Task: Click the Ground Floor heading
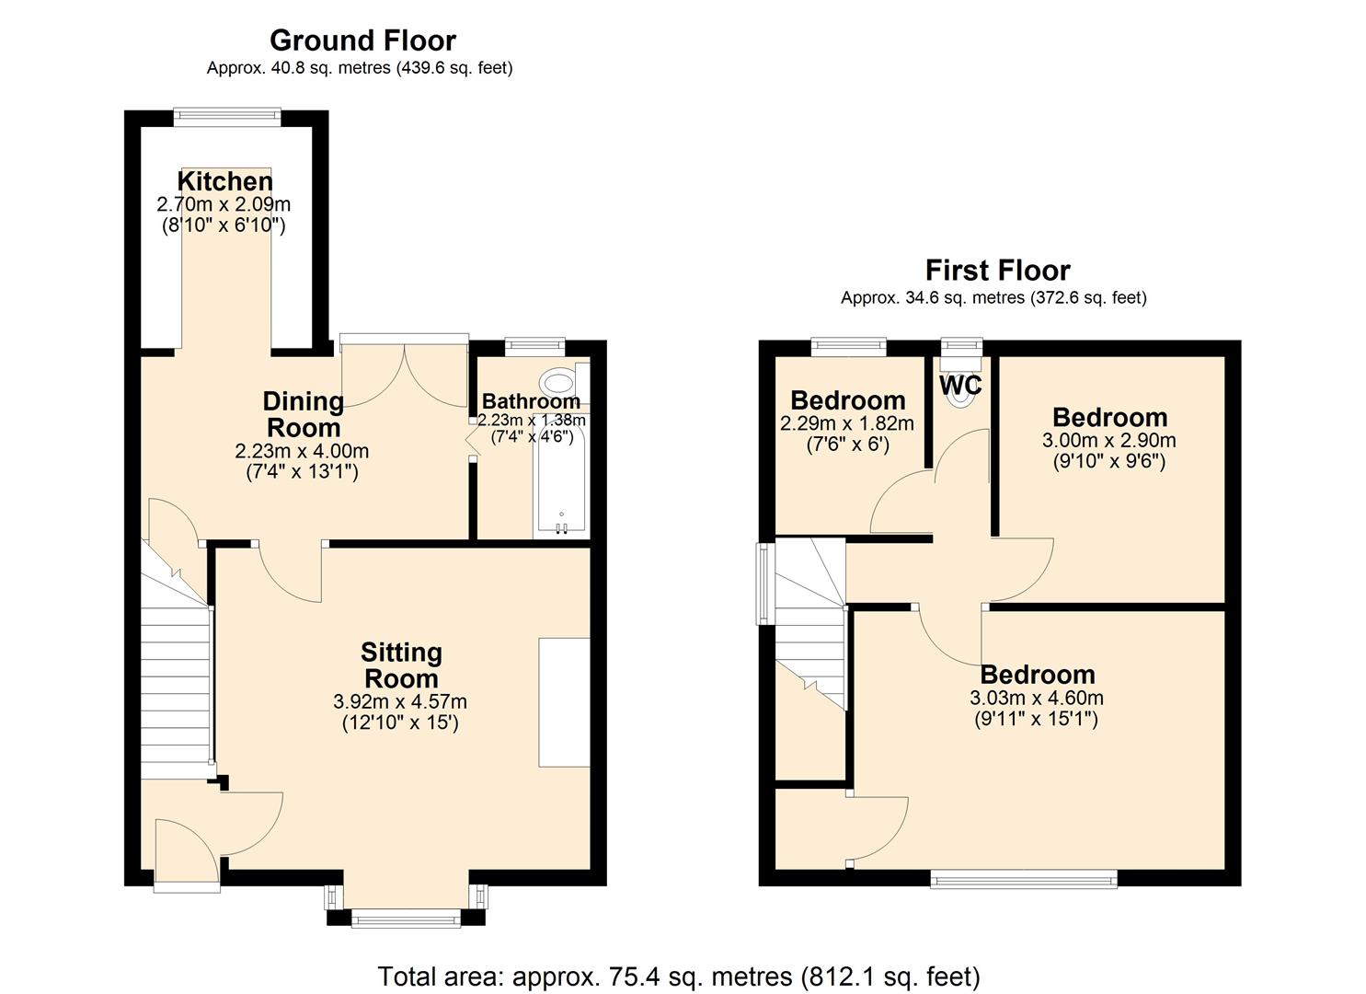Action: [362, 40]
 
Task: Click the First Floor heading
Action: [997, 271]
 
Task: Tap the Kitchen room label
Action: [224, 181]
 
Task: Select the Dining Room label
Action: [303, 414]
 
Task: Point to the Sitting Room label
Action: [401, 665]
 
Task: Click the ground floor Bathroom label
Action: [531, 401]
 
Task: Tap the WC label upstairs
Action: [960, 384]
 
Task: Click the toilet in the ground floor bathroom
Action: [557, 381]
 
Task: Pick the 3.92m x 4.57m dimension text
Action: [400, 702]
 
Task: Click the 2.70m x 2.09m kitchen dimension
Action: [224, 204]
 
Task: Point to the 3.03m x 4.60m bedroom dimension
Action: [1037, 699]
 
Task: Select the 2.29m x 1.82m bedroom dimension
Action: [846, 424]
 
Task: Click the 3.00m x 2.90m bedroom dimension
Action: [1108, 441]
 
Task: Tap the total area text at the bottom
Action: [679, 976]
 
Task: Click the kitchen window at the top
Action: [227, 115]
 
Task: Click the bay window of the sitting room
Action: [406, 916]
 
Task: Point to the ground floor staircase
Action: [175, 681]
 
